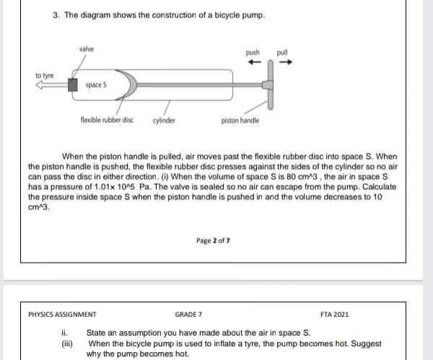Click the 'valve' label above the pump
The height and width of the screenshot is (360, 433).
87,48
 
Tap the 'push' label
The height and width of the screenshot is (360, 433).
252,53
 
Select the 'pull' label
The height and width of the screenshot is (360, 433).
282,53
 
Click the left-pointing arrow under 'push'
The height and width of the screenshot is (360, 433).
252,62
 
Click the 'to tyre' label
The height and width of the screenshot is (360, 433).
44,74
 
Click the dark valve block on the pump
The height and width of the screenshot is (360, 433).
73,84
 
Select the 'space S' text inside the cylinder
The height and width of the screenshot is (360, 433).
96,85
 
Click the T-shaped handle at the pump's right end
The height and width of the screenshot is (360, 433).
271,84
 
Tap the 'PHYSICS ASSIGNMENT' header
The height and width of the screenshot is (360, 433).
62,315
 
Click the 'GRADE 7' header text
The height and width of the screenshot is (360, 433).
190,315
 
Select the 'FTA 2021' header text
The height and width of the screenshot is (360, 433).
334,315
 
